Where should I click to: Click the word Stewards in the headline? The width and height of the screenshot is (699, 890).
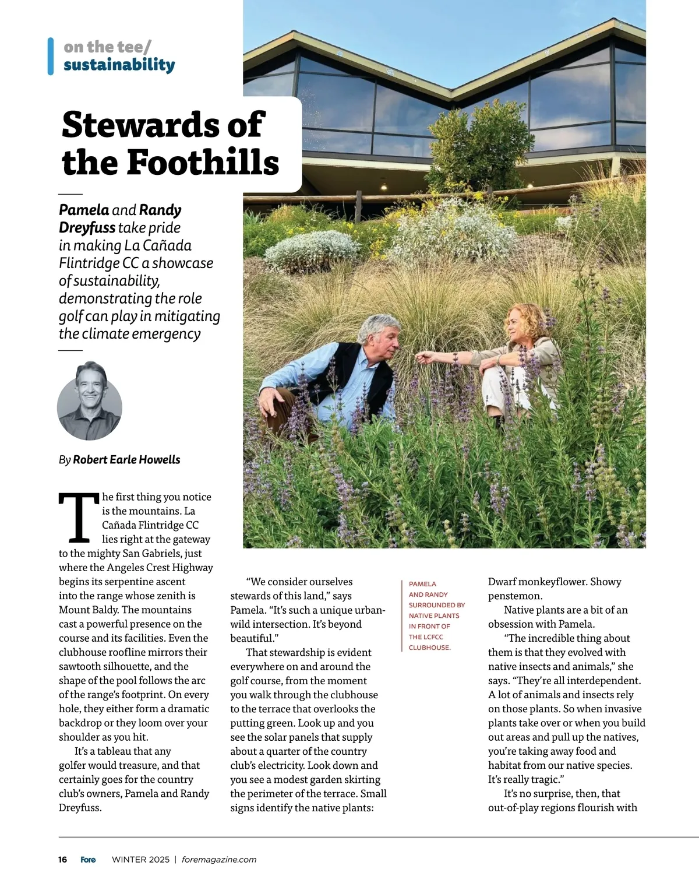point(163,125)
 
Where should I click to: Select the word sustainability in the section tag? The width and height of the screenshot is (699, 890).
point(119,65)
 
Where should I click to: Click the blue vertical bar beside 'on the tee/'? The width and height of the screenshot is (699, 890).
point(51,56)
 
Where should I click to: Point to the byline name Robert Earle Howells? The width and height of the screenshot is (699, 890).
point(126,460)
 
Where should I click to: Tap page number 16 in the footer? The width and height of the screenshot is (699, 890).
point(62,859)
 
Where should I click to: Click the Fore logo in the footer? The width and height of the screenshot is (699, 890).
point(88,859)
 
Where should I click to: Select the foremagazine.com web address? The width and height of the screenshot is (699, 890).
point(219,859)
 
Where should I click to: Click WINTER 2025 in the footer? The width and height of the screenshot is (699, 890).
point(141,859)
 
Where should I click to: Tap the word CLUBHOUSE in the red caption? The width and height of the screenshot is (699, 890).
point(429,648)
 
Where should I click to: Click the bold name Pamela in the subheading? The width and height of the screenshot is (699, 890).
point(84,210)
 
